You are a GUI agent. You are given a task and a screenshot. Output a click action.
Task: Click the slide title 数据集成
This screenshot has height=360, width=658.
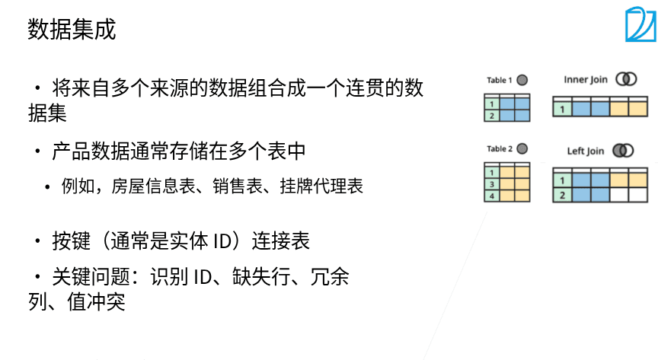72,30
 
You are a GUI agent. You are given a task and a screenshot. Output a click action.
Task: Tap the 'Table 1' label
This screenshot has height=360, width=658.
500,80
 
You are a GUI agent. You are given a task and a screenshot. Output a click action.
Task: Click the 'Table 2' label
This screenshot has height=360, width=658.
500,148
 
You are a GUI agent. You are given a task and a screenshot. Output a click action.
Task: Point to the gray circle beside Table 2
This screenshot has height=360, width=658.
522,148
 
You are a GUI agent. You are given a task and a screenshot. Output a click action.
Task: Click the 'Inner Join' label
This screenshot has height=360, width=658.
586,79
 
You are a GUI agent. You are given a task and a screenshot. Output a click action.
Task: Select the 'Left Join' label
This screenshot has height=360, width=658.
586,151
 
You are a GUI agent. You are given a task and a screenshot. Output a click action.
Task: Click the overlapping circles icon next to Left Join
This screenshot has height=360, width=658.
622,150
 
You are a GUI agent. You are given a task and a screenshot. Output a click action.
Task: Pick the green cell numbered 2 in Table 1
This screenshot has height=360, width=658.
492,116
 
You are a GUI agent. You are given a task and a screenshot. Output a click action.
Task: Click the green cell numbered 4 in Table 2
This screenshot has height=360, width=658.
492,196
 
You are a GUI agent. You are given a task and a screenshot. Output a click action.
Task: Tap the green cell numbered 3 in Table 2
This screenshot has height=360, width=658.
492,184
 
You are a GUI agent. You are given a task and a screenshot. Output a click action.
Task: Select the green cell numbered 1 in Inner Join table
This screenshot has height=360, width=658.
562,110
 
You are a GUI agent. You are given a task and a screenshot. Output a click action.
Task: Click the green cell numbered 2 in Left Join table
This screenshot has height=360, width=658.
562,195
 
